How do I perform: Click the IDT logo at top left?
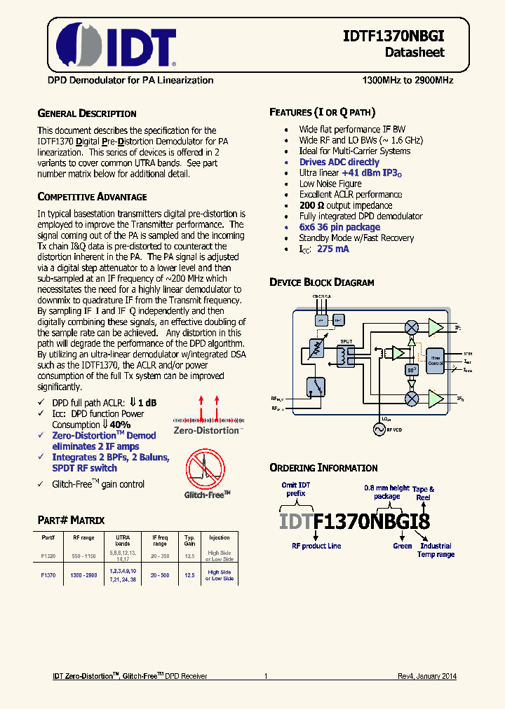pos(116,43)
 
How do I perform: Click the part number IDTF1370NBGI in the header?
pos(394,37)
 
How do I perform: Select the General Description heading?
pos(86,113)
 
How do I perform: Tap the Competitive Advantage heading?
pos(92,197)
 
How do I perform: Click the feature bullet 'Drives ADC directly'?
pos(339,162)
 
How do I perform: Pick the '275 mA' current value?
pos(332,249)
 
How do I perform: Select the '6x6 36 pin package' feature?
pos(339,227)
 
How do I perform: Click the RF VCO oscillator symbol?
pos(381,427)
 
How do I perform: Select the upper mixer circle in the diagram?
pos(412,327)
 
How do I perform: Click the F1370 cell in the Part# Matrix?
pos(48,575)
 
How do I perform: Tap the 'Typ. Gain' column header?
pos(189,540)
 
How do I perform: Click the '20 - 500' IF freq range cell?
pos(160,575)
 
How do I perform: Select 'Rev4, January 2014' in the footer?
pos(423,676)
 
